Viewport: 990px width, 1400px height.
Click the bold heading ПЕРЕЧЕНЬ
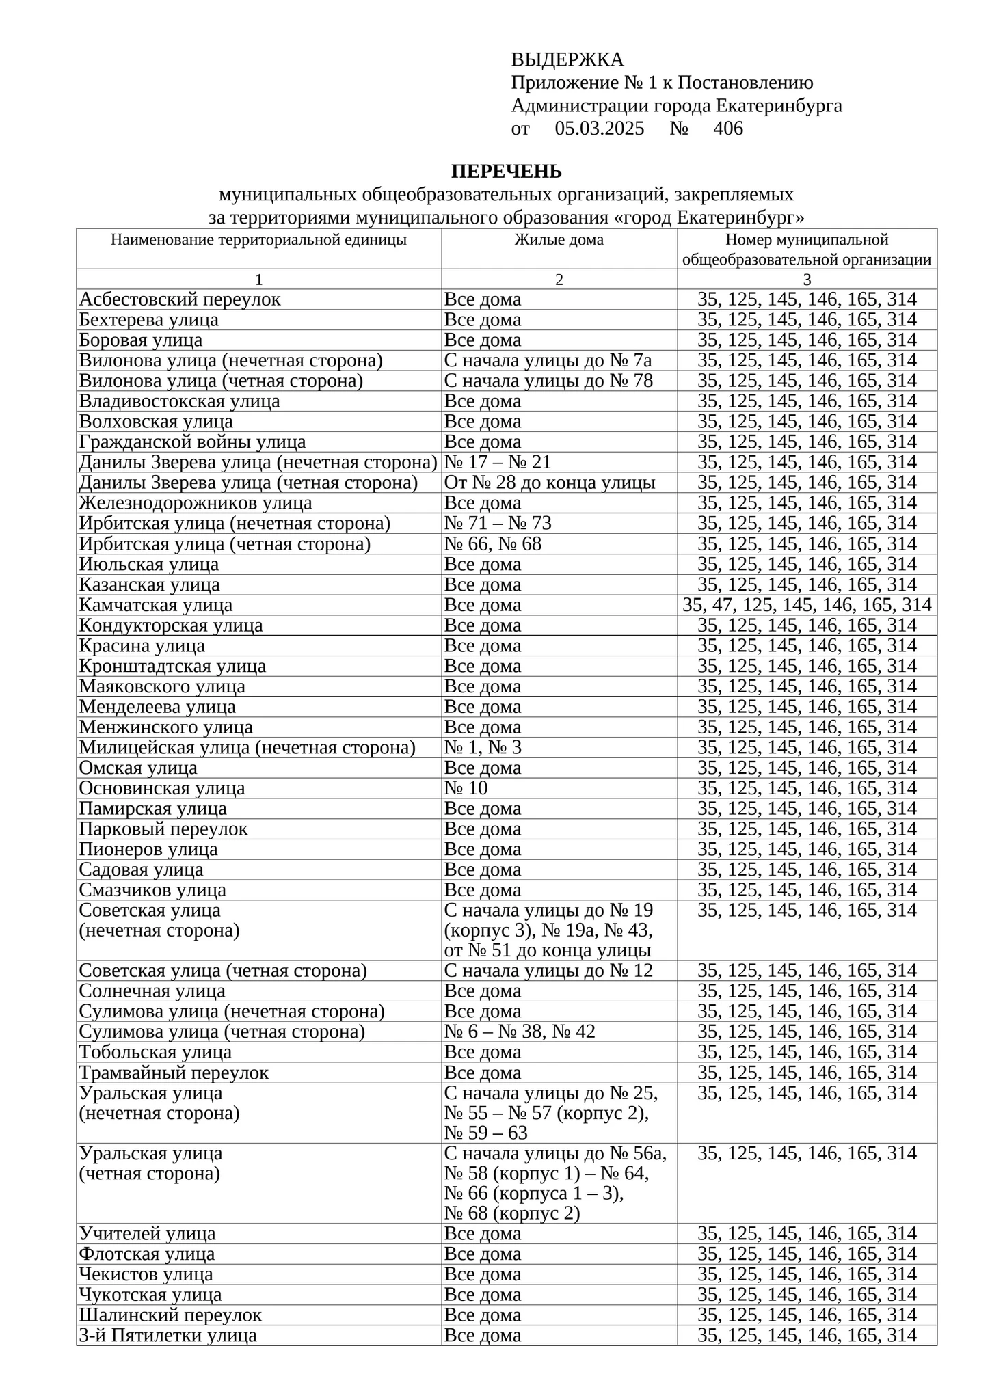pos(506,171)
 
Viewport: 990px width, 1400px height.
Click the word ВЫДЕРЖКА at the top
pos(567,60)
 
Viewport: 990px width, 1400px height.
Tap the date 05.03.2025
pos(599,129)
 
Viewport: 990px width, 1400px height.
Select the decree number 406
pos(727,129)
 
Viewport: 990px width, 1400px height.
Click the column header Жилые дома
pos(559,240)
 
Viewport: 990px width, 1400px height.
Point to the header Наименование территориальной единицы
pos(258,240)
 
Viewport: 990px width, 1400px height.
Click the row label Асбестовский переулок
pos(180,299)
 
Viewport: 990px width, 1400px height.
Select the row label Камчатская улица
pos(156,605)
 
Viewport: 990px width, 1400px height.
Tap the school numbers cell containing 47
pos(807,605)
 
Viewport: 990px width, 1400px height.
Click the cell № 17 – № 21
pos(498,463)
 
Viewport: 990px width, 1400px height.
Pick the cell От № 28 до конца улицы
pos(550,483)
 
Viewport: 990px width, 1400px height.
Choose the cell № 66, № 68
pos(493,544)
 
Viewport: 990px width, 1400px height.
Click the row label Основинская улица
pos(162,788)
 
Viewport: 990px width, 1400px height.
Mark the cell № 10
pos(466,788)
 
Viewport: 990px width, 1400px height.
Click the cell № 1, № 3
pos(483,748)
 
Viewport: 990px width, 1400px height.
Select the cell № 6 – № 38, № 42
pos(520,1032)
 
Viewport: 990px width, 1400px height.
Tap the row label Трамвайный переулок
pos(174,1073)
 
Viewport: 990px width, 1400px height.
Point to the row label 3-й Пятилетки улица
pos(168,1335)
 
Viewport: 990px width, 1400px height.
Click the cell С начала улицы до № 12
pos(548,971)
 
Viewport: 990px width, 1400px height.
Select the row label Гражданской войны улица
pos(192,442)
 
